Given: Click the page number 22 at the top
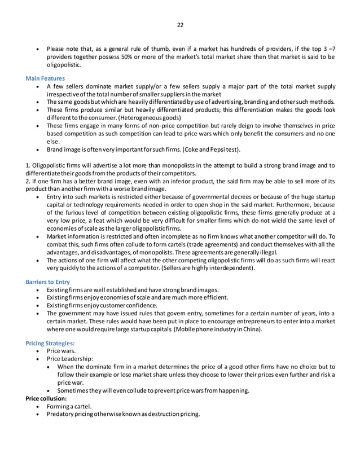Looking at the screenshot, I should pyautogui.click(x=180, y=25).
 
